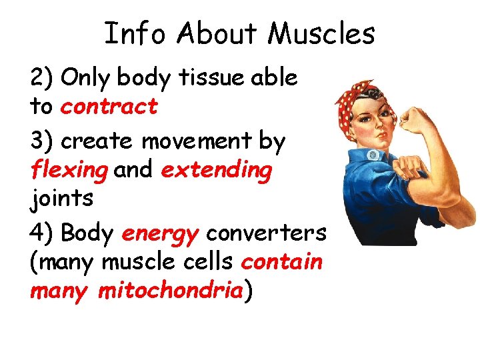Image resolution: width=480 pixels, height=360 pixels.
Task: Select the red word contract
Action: coord(109,106)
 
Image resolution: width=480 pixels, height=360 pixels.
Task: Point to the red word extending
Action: coord(217,171)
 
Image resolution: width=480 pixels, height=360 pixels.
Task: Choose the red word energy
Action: coord(161,234)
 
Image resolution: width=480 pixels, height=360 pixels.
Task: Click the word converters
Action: coord(266,234)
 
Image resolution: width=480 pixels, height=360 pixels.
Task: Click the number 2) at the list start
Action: coord(42,79)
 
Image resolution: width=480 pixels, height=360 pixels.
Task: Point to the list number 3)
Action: coord(42,142)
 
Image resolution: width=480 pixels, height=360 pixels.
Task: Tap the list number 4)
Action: coord(42,234)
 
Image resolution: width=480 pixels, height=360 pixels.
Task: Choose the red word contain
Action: coord(282,262)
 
